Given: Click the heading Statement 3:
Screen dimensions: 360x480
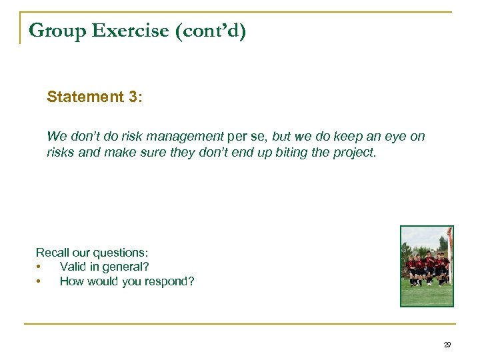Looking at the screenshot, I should point(94,97).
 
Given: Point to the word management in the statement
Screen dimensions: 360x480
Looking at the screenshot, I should point(184,137).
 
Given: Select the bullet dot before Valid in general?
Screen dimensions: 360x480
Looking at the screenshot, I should point(39,267).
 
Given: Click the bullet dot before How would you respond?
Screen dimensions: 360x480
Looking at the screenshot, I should point(39,281).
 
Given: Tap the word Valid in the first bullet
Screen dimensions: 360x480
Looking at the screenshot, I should point(73,267).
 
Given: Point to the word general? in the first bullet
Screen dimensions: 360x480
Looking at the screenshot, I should point(127,267).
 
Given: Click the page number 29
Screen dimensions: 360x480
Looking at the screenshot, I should point(447,345).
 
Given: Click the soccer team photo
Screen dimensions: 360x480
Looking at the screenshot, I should point(427,266).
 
